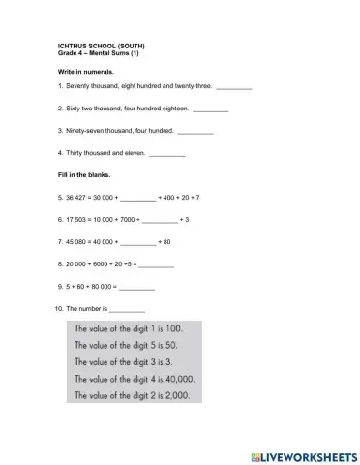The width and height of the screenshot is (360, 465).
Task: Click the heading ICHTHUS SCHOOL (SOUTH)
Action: click(x=102, y=46)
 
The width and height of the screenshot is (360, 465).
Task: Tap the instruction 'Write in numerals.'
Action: click(x=86, y=72)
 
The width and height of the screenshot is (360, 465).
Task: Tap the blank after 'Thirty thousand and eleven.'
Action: click(x=167, y=154)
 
